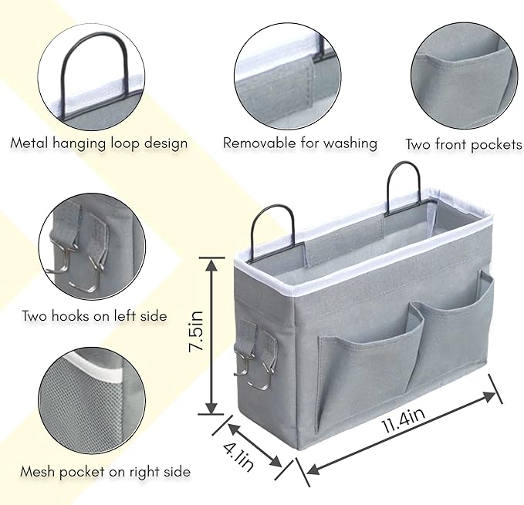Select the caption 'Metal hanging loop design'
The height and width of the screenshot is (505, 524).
[99, 143]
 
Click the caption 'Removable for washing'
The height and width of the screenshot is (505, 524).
[300, 143]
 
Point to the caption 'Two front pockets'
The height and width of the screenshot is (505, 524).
[463, 144]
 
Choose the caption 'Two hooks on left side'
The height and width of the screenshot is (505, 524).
[94, 315]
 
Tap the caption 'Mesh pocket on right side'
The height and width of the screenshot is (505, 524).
[106, 471]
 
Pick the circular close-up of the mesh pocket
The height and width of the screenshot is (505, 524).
[90, 402]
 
